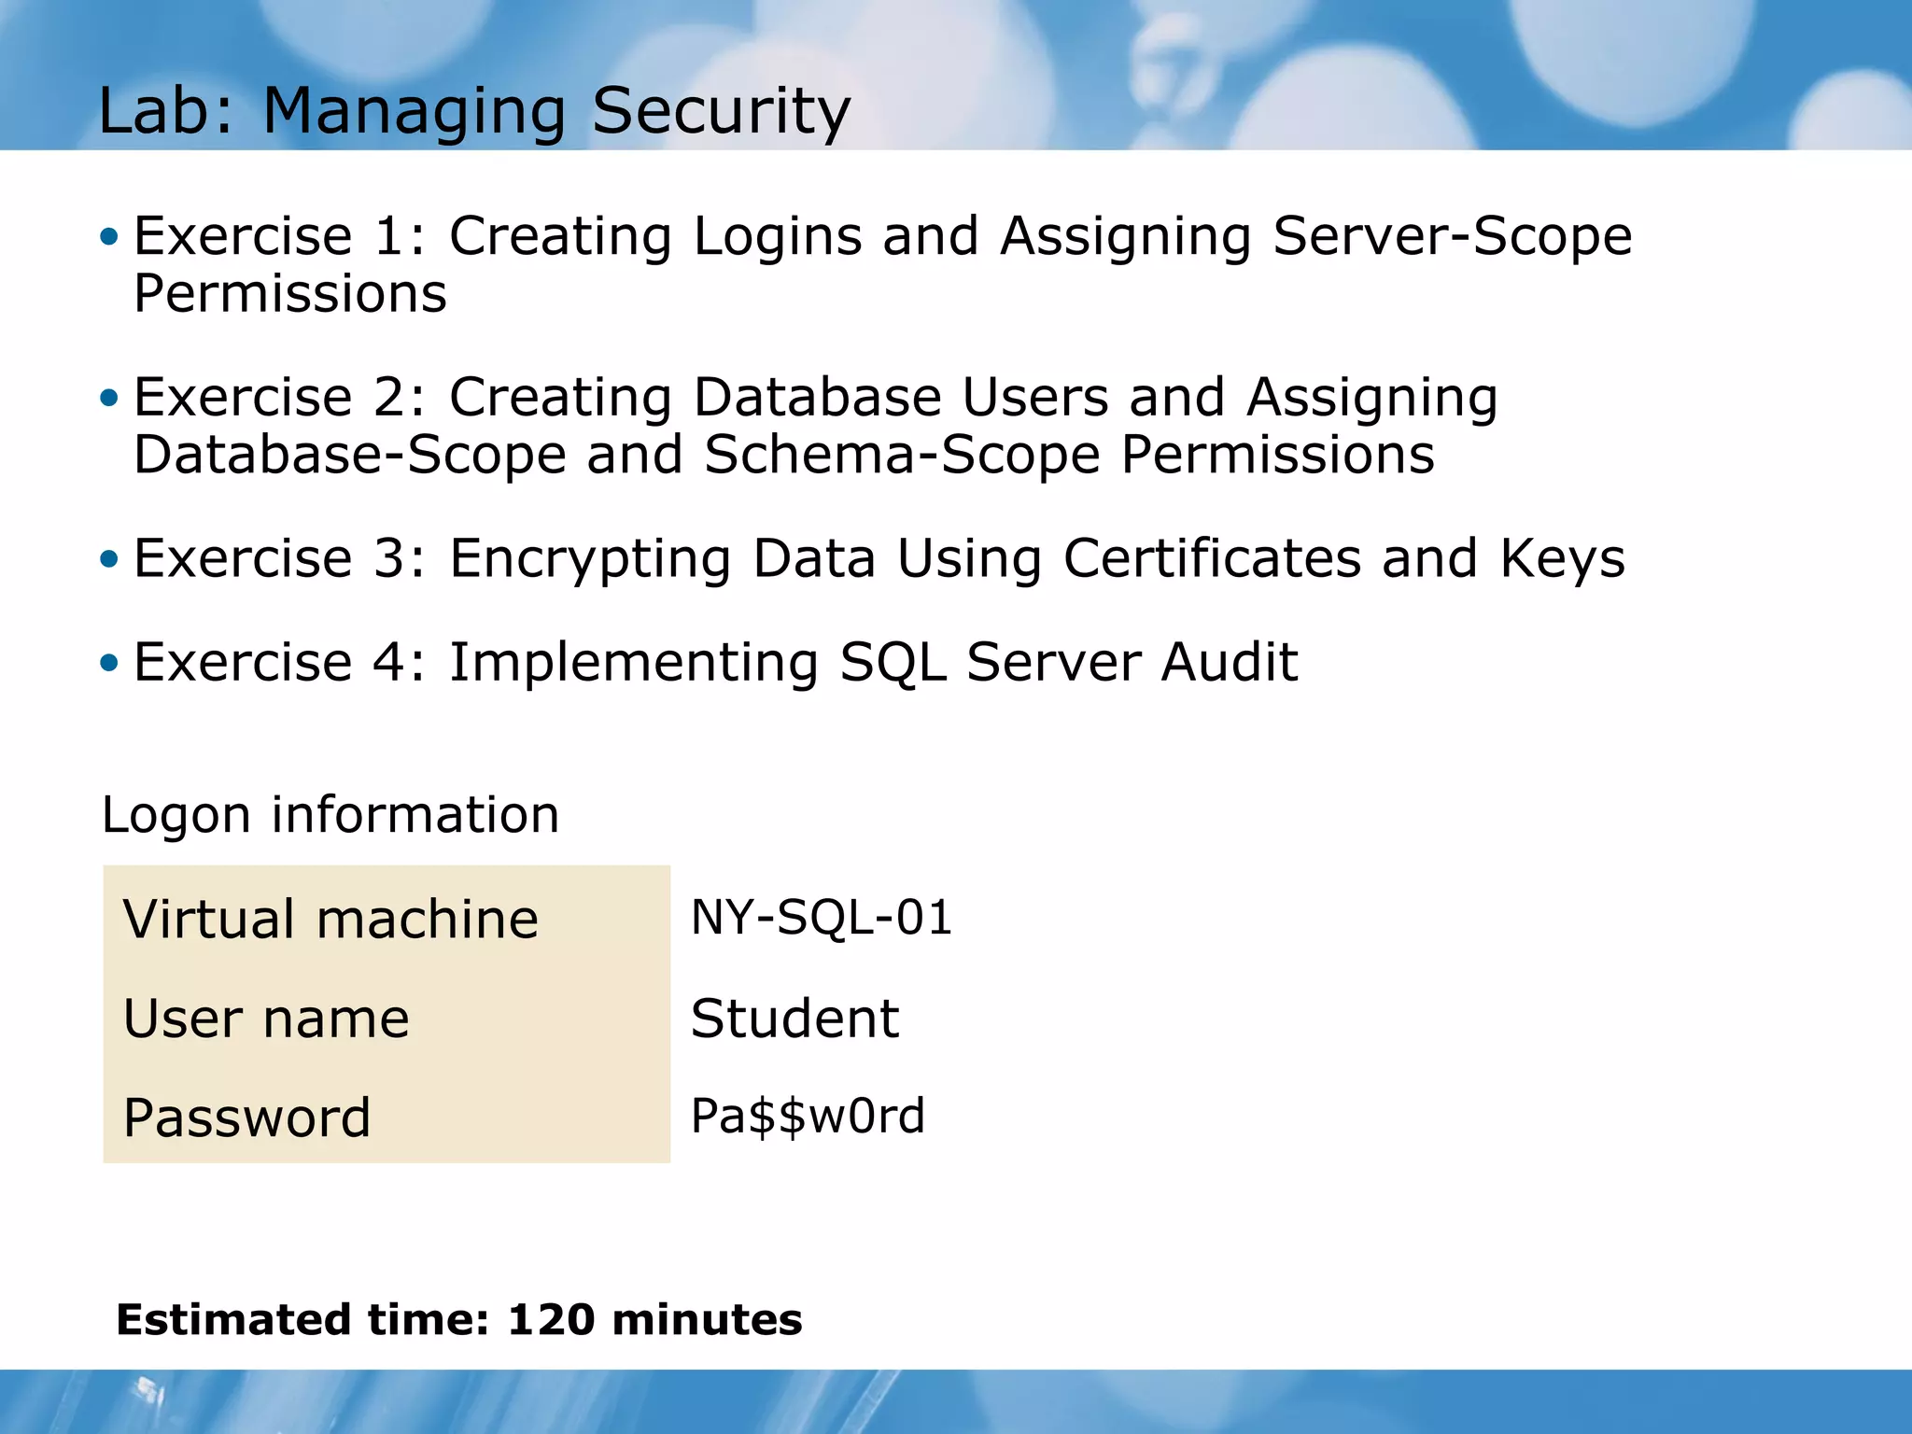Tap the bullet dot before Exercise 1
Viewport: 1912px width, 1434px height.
coord(110,236)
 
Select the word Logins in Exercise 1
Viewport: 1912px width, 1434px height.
coord(778,236)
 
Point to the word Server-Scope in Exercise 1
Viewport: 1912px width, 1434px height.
coord(1452,236)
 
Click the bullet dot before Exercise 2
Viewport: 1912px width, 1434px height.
coord(110,399)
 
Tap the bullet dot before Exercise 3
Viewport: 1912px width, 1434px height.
coord(110,559)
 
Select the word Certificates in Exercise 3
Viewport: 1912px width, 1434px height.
coord(1212,559)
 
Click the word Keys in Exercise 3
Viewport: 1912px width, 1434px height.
coord(1562,559)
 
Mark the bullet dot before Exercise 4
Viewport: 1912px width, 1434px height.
coord(110,663)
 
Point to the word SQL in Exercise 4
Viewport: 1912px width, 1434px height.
coord(892,663)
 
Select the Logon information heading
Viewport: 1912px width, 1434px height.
coord(330,815)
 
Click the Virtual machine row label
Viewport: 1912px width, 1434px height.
coord(330,919)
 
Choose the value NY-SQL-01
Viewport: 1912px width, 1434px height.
coord(821,917)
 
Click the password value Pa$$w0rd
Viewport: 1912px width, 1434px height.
coord(808,1117)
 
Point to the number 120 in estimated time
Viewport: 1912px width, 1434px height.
coord(551,1320)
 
